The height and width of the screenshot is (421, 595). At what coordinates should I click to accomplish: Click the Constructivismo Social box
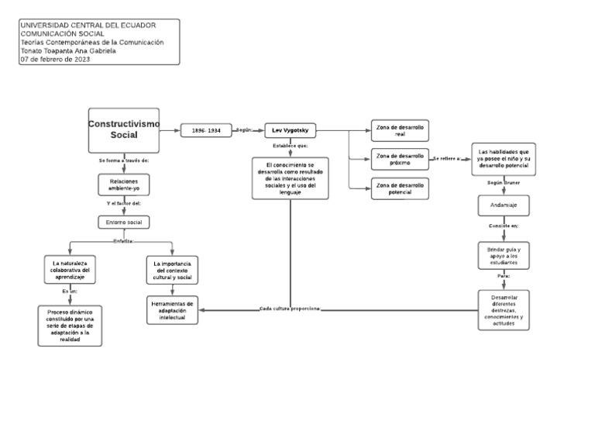(x=124, y=129)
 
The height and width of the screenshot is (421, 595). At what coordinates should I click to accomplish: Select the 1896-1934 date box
(x=206, y=130)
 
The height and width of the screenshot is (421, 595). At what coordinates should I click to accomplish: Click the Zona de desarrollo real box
(x=399, y=129)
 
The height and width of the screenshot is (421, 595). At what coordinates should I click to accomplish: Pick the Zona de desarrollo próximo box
(x=399, y=159)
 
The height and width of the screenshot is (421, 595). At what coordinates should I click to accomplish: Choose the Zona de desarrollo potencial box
(x=399, y=188)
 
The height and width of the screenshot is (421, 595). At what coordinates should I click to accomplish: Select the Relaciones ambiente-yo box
(x=124, y=184)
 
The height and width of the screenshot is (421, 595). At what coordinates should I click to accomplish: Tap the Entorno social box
(x=124, y=223)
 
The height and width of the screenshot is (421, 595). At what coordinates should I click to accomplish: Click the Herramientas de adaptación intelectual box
(x=173, y=309)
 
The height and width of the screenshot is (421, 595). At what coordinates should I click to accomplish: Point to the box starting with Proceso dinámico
(x=70, y=325)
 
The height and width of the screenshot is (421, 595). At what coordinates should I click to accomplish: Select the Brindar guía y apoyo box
(x=503, y=256)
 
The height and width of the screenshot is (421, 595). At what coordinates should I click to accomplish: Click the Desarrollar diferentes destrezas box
(x=503, y=309)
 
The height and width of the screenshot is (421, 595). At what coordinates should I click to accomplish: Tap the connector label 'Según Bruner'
(x=503, y=184)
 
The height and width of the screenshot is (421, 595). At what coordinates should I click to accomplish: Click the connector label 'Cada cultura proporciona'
(x=290, y=309)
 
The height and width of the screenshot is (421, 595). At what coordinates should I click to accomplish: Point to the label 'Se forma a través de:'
(x=124, y=160)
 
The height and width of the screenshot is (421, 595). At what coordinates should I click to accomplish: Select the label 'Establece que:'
(x=291, y=146)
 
